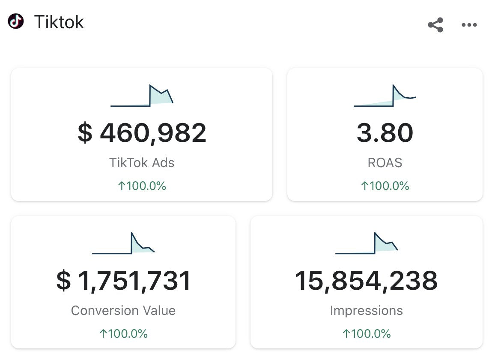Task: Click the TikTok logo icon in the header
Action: (16, 21)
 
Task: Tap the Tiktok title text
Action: (59, 22)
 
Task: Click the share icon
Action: (435, 25)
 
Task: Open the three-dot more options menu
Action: (469, 25)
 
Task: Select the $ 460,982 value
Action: (142, 133)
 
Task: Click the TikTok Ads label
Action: (142, 162)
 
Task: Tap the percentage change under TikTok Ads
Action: (142, 186)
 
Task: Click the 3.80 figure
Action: (385, 133)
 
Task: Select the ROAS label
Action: (385, 162)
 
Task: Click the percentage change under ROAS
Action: (385, 186)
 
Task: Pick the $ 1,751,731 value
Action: (123, 281)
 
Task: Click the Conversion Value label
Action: (123, 310)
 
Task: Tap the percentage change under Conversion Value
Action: (123, 334)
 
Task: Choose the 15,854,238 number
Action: (367, 281)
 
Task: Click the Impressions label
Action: (367, 310)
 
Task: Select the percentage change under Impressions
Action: (367, 334)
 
